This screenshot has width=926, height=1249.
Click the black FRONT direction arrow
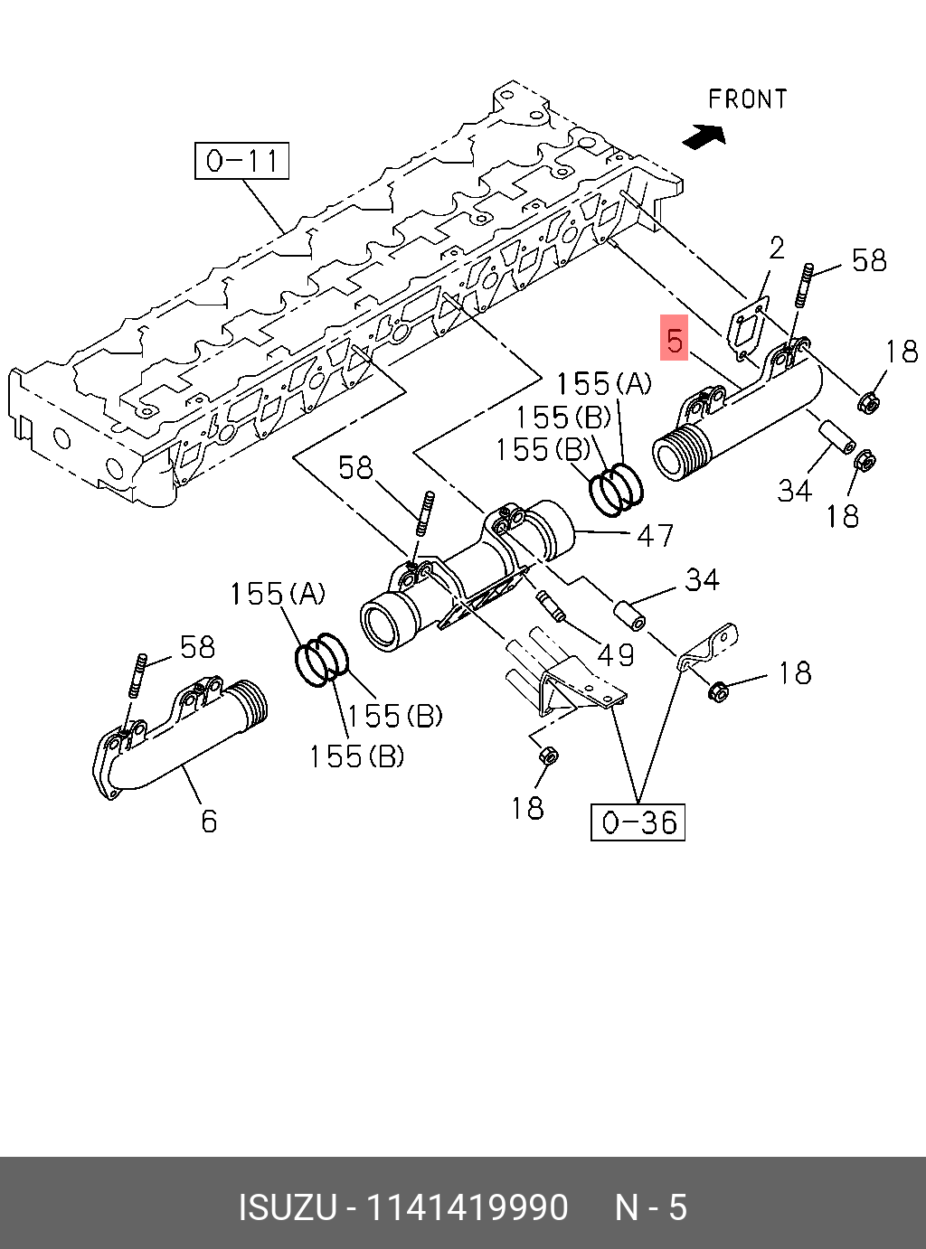tap(705, 136)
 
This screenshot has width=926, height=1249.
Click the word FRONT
tap(747, 99)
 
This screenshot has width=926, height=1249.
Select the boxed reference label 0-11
tap(241, 161)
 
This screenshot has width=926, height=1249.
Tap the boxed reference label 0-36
tap(638, 822)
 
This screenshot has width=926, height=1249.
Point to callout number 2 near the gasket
tap(777, 248)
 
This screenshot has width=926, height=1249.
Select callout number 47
tap(655, 536)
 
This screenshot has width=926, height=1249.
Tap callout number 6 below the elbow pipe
tap(209, 821)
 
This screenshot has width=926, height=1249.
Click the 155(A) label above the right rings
tap(603, 384)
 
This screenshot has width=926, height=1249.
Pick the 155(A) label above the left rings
tap(277, 594)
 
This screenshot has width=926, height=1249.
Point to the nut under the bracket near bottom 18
tap(547, 755)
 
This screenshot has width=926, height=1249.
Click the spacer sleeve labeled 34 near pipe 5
tap(836, 437)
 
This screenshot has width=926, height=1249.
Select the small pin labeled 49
tap(550, 606)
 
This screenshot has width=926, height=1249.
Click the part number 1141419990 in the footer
tap(467, 1207)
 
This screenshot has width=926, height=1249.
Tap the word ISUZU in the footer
tap(287, 1207)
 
